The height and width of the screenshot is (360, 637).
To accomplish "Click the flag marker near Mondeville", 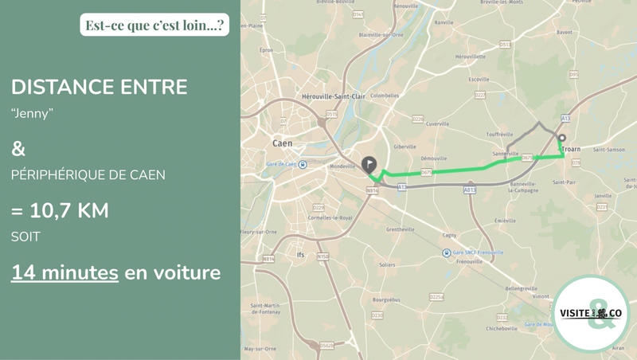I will click(x=369, y=163).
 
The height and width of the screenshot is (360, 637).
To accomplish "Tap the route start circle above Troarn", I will click(x=562, y=137).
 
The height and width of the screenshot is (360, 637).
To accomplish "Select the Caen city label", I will click(x=282, y=143).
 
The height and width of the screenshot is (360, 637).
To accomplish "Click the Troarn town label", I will click(x=572, y=149).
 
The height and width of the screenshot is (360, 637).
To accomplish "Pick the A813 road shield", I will click(x=469, y=190).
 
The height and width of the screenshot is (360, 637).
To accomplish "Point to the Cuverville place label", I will click(x=437, y=123).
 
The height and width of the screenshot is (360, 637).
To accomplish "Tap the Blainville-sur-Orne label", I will click(x=381, y=35).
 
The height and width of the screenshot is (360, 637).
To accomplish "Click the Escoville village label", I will click(x=479, y=80).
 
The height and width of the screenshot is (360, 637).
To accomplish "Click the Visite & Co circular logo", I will click(x=592, y=313).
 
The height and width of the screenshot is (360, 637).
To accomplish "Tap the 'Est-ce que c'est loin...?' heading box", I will click(x=154, y=25).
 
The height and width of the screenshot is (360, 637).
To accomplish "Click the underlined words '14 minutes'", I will click(x=64, y=272).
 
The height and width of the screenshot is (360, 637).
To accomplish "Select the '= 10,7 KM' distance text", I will click(x=60, y=211).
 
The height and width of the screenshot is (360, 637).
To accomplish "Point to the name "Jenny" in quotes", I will click(x=32, y=114).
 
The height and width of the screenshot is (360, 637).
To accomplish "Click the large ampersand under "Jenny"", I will click(x=18, y=148).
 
